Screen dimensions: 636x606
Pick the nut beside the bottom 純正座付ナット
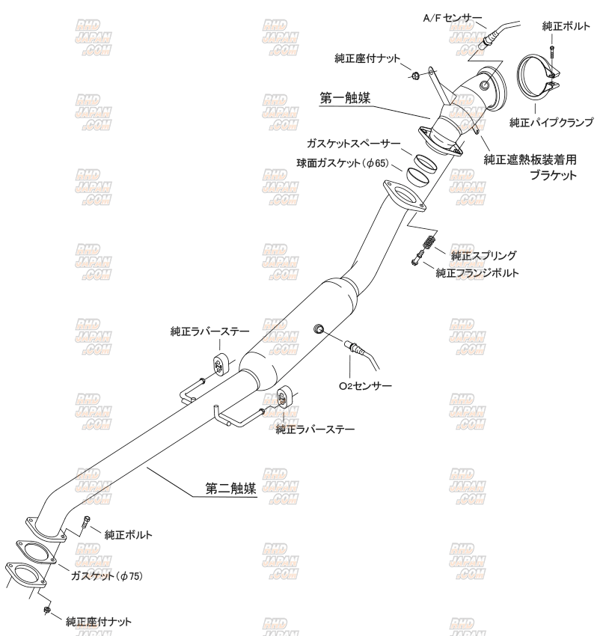[47, 610]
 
